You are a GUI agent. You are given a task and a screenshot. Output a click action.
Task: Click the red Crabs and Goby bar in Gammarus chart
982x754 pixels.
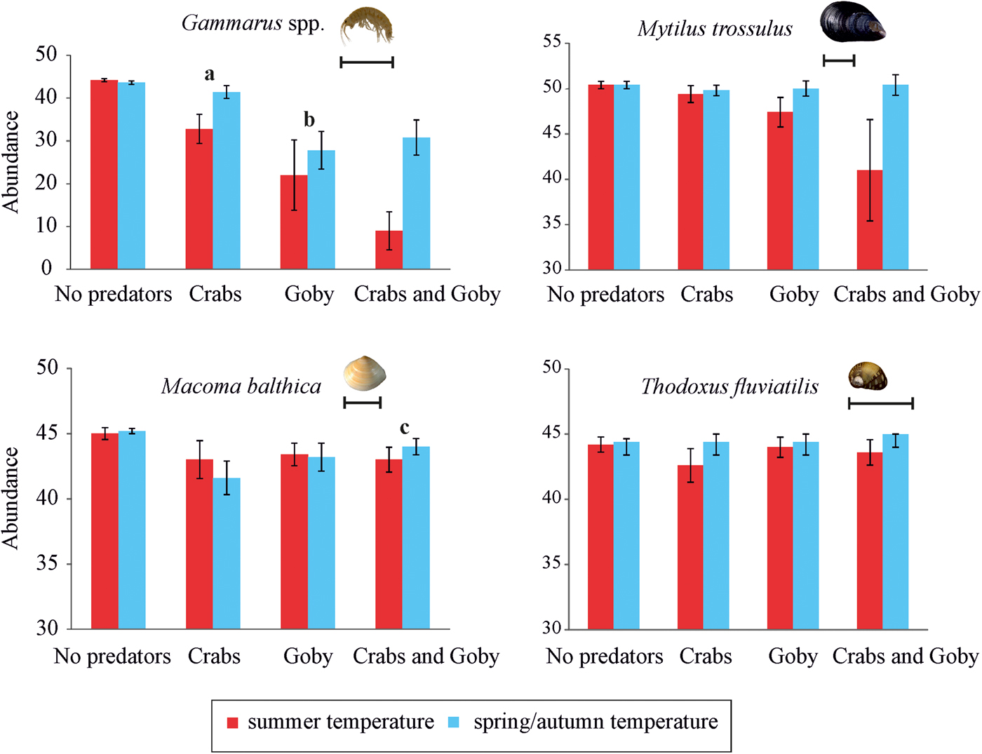389,250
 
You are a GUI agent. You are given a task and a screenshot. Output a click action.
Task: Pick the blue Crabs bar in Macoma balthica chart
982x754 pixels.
227,553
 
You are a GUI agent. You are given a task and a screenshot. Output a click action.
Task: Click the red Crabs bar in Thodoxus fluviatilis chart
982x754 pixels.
690,547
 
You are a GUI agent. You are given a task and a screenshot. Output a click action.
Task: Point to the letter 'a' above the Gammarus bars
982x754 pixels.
209,74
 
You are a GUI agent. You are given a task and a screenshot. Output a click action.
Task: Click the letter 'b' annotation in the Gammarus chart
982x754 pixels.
309,120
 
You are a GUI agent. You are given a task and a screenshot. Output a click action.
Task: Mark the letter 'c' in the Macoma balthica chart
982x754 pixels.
405,427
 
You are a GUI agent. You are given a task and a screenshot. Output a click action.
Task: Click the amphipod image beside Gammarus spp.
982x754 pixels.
367,25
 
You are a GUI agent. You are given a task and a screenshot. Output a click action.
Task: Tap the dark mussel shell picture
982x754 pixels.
852,21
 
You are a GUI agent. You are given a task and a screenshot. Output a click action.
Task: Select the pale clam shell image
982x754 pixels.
365,373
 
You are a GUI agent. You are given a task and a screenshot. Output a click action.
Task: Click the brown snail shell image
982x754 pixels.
868,376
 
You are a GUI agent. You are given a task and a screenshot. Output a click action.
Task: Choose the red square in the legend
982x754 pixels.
233,722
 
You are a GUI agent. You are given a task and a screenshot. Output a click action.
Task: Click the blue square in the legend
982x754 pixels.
454,722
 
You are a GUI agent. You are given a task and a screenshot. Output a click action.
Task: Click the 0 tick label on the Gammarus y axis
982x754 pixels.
46,268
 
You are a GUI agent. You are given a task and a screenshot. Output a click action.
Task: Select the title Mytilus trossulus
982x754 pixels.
715,29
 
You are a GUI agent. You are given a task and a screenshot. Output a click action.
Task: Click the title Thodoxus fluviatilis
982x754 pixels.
729,386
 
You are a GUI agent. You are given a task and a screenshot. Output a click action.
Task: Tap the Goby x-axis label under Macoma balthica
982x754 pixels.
308,657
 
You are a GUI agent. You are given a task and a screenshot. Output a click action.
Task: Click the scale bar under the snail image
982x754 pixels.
881,403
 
